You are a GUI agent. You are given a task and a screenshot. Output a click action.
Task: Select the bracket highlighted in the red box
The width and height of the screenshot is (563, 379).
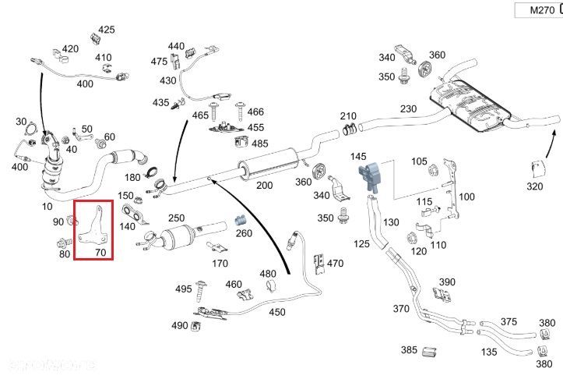coord(93,225)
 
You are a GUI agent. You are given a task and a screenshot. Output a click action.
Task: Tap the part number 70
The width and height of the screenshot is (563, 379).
coord(100,253)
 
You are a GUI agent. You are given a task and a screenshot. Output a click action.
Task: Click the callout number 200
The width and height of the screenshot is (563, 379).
coord(265,186)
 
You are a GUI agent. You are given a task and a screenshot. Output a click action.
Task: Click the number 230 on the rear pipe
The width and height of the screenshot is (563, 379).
coord(408,109)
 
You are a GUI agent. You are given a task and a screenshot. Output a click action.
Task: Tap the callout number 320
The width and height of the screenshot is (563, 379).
coord(533,186)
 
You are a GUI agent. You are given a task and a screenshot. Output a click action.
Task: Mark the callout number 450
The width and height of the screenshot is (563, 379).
coord(276,313)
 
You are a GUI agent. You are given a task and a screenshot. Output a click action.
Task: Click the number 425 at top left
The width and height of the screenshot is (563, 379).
coord(106,30)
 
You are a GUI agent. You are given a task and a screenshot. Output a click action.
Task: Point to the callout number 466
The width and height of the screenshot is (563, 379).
coord(255,112)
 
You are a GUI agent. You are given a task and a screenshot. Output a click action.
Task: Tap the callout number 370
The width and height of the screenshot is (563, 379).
coord(400,309)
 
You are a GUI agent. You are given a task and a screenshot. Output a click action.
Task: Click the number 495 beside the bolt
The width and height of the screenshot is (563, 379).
coord(183,289)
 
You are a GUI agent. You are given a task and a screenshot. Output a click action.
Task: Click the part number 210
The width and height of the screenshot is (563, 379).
coord(347,116)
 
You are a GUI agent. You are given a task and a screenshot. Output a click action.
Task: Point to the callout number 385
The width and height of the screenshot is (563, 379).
coord(409,350)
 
